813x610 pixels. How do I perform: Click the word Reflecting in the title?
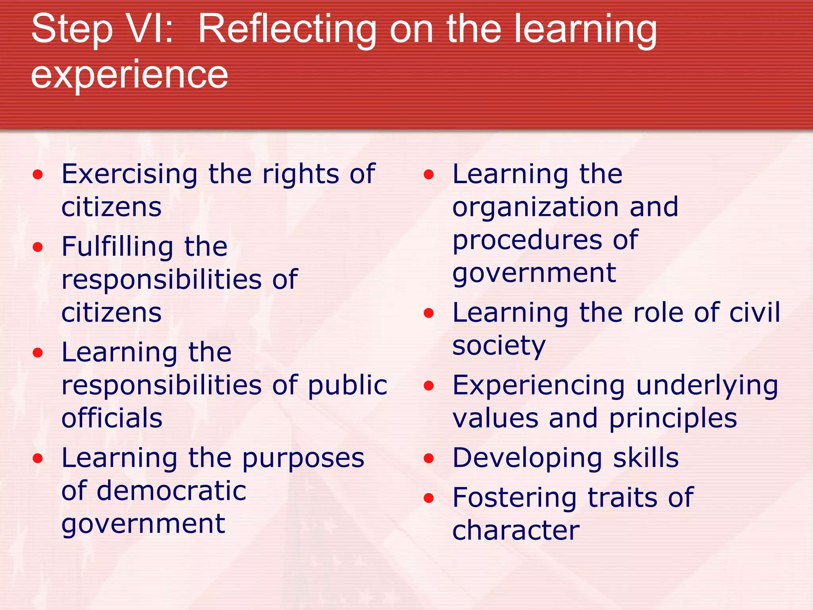287,30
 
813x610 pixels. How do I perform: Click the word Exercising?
129,175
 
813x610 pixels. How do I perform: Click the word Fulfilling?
117,247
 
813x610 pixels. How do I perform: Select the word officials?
112,418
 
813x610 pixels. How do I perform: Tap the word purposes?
303,459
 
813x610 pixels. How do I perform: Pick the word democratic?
171,491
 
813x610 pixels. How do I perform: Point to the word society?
499,346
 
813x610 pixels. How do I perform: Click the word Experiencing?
539,386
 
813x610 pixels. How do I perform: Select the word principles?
673,419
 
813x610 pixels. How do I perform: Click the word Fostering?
514,498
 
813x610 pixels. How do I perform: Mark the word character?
516,531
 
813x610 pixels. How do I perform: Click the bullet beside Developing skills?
429,459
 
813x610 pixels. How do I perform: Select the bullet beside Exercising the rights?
38,174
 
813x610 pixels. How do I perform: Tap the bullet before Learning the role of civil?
429,313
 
